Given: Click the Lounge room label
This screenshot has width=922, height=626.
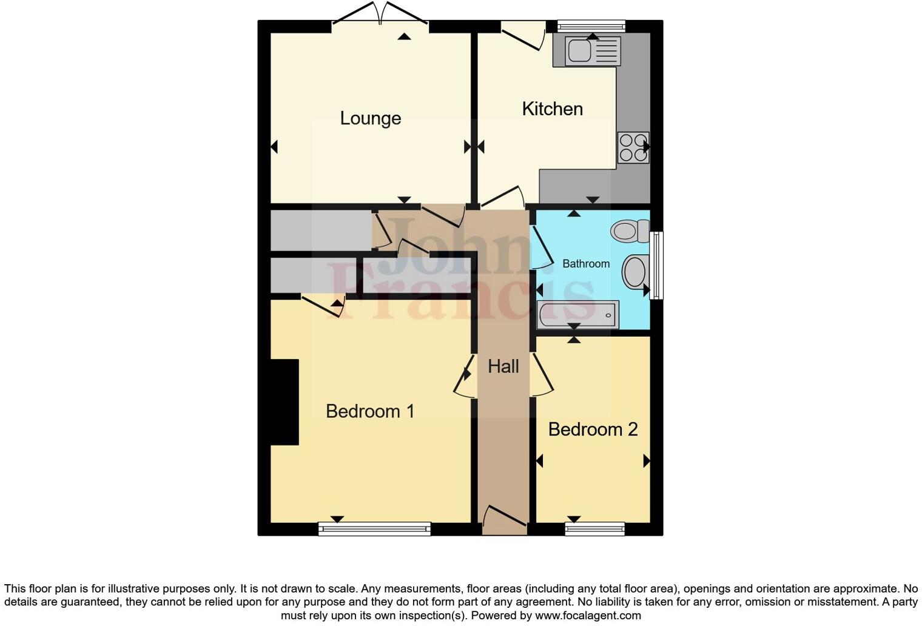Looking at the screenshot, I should (x=370, y=118).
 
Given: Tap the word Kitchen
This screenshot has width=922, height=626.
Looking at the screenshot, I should (x=552, y=109).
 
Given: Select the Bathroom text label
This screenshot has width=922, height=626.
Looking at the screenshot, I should (x=585, y=264).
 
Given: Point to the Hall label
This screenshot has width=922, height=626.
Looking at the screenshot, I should (x=503, y=366).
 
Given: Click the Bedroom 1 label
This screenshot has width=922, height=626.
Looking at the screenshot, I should (x=370, y=411).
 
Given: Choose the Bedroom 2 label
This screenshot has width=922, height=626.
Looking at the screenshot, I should (x=593, y=429).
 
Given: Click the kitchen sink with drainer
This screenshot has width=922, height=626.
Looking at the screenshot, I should (x=592, y=51).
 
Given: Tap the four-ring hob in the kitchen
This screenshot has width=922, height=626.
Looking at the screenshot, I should (x=633, y=147).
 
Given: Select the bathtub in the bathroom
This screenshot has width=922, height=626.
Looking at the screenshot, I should (x=577, y=315).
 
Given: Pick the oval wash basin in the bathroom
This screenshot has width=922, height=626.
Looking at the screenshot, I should (x=635, y=271).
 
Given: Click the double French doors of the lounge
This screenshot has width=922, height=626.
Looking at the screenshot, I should (x=380, y=13).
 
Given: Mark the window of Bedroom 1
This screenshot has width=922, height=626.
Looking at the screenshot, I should (x=374, y=529).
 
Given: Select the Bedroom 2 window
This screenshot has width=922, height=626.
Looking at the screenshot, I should (x=594, y=529).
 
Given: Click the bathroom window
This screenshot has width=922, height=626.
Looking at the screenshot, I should (x=656, y=265).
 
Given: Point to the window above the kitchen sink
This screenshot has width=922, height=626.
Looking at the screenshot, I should (x=591, y=26).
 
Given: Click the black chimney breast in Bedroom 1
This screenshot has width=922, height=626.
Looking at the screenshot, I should (x=284, y=402).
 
